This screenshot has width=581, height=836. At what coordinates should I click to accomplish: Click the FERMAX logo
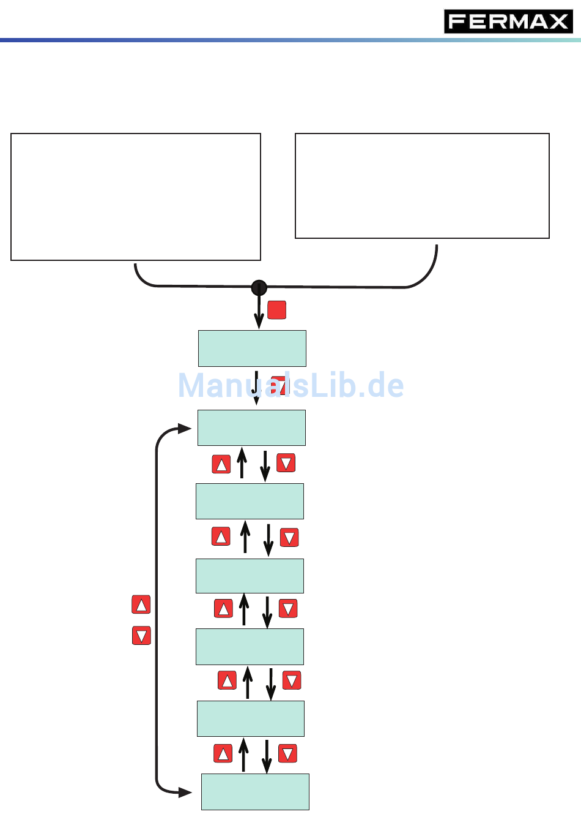point(508,22)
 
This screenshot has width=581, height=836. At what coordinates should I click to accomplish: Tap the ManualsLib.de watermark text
point(291,386)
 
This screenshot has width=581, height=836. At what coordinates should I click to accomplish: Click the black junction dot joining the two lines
point(259,287)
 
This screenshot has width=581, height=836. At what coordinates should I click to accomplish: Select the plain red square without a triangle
point(277,310)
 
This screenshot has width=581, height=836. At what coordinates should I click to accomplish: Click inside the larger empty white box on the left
point(136,197)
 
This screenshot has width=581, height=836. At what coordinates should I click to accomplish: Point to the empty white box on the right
point(422,186)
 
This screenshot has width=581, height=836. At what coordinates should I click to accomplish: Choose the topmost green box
point(252,348)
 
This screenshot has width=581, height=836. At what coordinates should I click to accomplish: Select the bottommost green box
point(255,792)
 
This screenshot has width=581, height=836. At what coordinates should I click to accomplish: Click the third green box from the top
point(250,501)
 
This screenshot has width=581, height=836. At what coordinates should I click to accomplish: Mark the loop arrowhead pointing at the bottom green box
point(185,793)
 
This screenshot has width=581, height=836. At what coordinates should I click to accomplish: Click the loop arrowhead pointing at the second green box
point(185,429)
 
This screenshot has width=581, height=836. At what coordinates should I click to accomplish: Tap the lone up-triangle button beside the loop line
point(141,604)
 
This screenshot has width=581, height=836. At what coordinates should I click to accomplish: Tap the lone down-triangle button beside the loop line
point(141,636)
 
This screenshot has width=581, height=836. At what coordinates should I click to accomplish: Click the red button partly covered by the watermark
point(279,385)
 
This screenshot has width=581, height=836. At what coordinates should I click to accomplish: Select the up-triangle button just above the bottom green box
point(223,753)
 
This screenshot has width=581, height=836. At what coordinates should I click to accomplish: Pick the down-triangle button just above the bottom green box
point(287,753)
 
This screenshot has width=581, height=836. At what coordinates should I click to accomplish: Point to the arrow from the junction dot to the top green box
point(259,312)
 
